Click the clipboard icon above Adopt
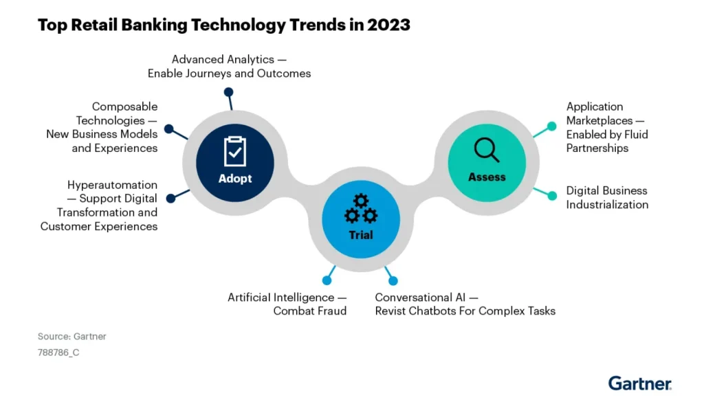point(235,151)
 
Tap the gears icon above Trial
point(361,209)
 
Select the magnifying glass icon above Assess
point(487,150)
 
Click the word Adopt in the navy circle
point(235,179)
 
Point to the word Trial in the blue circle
point(361,234)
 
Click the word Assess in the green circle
point(487,177)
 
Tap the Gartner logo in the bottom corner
point(640,383)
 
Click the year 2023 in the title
point(388,25)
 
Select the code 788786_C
point(58,353)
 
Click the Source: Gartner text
point(71,337)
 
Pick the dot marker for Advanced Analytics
point(228,92)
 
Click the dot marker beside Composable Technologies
point(169,129)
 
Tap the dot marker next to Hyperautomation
point(170,199)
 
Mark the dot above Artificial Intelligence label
point(327,280)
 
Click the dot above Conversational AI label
point(393,281)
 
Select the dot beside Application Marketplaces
point(552,126)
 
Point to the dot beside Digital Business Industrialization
point(552,196)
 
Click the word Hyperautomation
point(112,186)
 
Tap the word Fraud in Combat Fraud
point(333,311)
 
